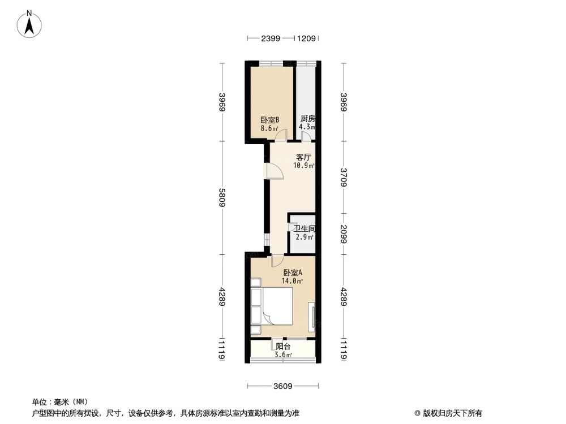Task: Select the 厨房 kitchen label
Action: point(307,119)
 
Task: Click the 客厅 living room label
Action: point(304,157)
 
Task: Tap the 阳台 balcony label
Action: point(283,347)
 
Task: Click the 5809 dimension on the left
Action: point(223,197)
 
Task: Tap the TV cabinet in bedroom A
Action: point(311,316)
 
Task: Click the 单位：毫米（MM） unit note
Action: point(57,402)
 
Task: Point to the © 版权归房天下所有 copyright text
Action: point(448,413)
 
